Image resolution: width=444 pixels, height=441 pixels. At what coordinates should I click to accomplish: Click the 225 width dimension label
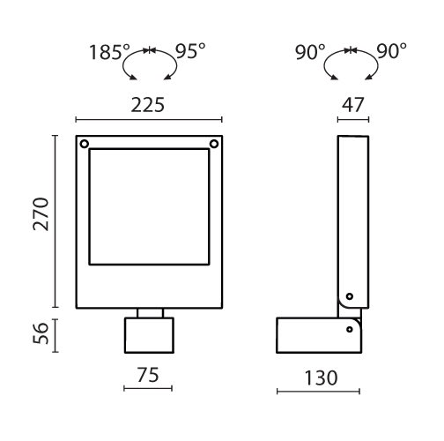coord(148,105)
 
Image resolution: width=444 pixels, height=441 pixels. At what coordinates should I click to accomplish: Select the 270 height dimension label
coord(41,214)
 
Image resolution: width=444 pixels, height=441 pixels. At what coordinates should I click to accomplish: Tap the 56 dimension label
coord(41,333)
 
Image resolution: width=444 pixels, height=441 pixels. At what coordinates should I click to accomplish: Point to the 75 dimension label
coord(148,375)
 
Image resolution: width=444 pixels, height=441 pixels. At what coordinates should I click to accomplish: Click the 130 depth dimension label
coord(321,377)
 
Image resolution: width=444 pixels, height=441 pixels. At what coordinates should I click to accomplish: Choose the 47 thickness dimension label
coord(353,105)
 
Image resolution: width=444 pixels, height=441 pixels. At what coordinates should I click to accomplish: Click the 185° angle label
coord(109,52)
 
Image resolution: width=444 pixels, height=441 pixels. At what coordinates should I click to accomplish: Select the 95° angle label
coord(190,51)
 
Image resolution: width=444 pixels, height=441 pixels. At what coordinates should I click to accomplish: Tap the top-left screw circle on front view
coord(85,144)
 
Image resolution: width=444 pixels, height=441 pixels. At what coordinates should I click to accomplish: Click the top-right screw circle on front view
coord(214,144)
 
